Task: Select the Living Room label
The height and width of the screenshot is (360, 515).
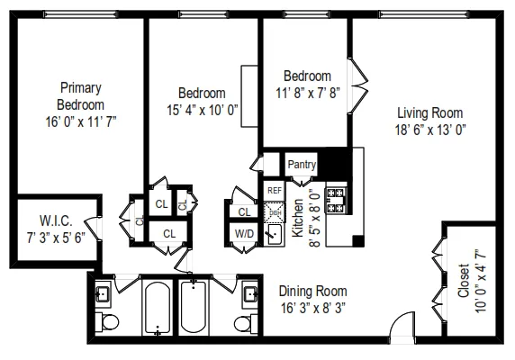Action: pyautogui.click(x=430, y=112)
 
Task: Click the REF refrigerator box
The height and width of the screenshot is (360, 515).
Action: pyautogui.click(x=274, y=190)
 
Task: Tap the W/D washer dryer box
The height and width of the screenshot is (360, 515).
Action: pyautogui.click(x=244, y=233)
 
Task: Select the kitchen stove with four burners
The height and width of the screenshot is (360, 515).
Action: pyautogui.click(x=336, y=200)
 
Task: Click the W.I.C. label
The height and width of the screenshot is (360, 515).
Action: pyautogui.click(x=56, y=220)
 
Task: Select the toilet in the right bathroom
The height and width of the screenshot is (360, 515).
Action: pyautogui.click(x=242, y=322)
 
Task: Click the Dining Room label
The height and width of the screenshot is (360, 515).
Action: pyautogui.click(x=312, y=291)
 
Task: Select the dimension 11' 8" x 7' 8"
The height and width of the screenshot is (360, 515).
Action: pyautogui.click(x=307, y=91)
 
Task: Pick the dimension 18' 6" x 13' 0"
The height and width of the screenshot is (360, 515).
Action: pyautogui.click(x=430, y=129)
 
